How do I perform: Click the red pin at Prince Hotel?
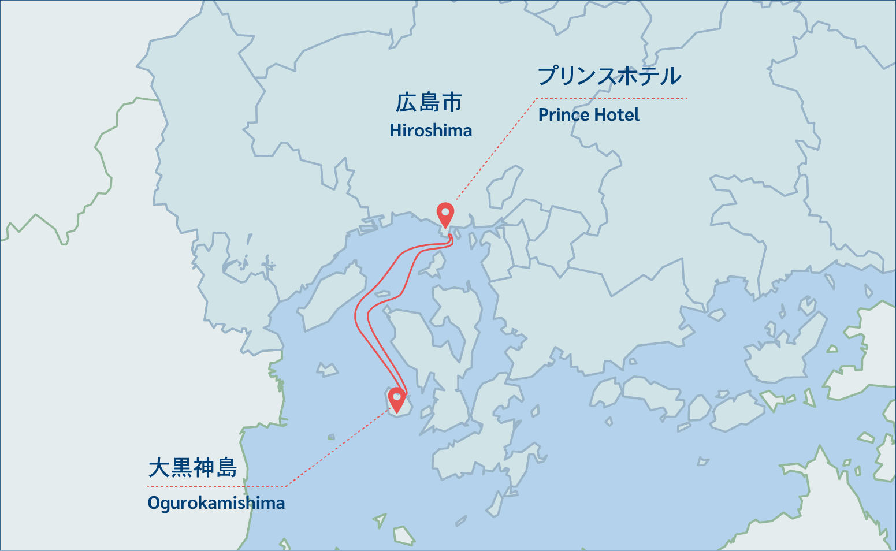445,214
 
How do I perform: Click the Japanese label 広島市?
429,103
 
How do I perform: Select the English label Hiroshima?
430,131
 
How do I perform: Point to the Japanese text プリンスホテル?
609,76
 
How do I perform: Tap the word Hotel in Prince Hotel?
617,115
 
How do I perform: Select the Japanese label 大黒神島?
192,468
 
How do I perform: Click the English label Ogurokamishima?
216,502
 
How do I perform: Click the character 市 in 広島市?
452,103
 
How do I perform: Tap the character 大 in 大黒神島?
159,468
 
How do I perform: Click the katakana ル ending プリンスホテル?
671,76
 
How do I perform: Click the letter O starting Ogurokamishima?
154,502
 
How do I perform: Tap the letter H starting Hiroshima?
395,131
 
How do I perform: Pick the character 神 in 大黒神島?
204,468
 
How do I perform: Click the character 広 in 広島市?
407,103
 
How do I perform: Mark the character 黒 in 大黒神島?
181,468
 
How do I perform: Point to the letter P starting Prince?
543,115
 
